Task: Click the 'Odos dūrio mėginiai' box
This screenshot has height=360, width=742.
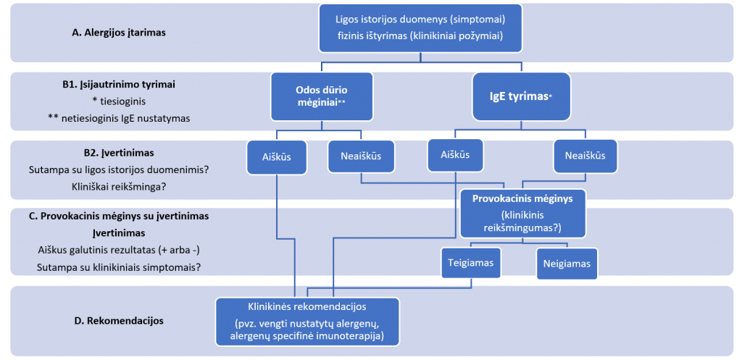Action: (x=322, y=96)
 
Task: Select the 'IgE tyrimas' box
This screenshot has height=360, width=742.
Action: (x=520, y=96)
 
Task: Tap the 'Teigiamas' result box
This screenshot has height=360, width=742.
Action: (x=471, y=262)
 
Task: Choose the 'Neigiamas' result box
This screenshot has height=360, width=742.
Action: (x=567, y=264)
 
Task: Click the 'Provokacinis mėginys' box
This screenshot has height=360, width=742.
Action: (x=522, y=213)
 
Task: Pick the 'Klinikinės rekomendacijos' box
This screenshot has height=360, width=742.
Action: (x=307, y=321)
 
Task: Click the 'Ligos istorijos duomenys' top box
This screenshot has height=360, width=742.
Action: (x=421, y=28)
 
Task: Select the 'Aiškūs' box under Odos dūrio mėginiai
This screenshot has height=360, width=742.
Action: (x=276, y=156)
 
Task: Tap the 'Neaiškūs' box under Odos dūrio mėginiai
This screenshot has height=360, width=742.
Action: (x=361, y=156)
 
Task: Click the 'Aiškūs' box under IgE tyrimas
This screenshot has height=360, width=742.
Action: (x=455, y=155)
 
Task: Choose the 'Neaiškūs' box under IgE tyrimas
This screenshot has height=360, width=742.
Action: (x=585, y=156)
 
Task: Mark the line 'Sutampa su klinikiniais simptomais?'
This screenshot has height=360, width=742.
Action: (x=118, y=267)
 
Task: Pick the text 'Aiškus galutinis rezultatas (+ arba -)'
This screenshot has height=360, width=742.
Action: (x=118, y=249)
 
